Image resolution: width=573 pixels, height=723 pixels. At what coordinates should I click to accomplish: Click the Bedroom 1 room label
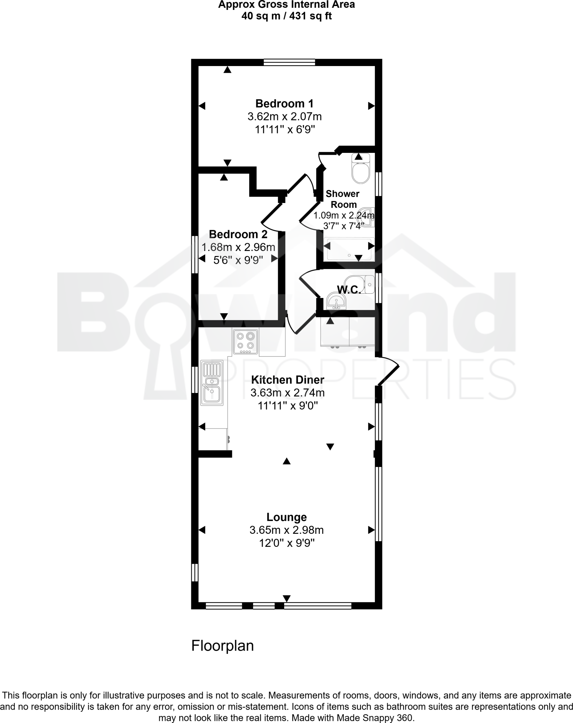(284, 103)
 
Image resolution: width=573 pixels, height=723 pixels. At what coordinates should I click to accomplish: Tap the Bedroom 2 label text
(238, 234)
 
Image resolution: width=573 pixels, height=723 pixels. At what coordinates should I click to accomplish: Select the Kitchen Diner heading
(287, 380)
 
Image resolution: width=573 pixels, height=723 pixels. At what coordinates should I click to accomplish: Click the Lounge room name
(286, 517)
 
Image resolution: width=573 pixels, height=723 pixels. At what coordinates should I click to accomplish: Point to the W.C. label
(349, 290)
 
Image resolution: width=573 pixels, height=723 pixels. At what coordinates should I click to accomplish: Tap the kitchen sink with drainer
(212, 383)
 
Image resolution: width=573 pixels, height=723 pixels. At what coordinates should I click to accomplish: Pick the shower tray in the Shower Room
(349, 249)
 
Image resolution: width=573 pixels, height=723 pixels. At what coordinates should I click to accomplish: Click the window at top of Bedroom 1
(289, 62)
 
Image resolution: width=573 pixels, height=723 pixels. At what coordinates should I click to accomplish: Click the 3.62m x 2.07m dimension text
(285, 116)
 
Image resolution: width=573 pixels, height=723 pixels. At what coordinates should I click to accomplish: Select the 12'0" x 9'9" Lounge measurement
(287, 543)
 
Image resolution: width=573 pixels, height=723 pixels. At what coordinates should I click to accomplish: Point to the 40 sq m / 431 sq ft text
(286, 16)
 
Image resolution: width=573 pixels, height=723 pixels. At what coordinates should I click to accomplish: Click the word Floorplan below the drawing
(222, 646)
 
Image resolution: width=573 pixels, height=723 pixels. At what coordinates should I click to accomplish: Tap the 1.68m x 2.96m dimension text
(238, 247)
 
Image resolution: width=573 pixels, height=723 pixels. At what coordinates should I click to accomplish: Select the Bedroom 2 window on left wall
(195, 254)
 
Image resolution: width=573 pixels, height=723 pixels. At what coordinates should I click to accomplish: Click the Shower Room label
(342, 199)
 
